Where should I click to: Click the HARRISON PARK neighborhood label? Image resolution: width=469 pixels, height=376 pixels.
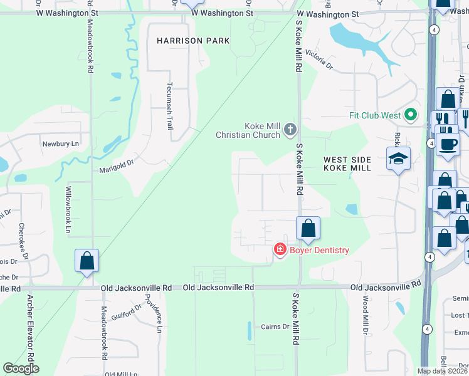(x=193, y=41)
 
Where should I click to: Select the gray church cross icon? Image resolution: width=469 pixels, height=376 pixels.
(x=290, y=130)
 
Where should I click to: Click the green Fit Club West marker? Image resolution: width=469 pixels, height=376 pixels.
(x=411, y=115)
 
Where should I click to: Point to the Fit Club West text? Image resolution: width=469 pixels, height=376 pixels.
(x=375, y=115)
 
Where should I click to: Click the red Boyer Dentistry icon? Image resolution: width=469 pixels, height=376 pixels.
(x=280, y=250)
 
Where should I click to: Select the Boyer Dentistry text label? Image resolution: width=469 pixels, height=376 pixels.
(x=319, y=251)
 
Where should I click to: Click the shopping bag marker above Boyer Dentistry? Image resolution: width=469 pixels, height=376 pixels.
(x=308, y=229)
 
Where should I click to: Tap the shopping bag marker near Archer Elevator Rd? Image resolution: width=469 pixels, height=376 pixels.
(x=87, y=261)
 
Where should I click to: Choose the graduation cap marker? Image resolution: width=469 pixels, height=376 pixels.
(x=398, y=159)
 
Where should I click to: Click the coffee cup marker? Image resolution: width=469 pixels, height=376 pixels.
(x=448, y=144)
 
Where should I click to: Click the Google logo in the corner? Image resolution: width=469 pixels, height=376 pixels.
(x=21, y=368)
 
